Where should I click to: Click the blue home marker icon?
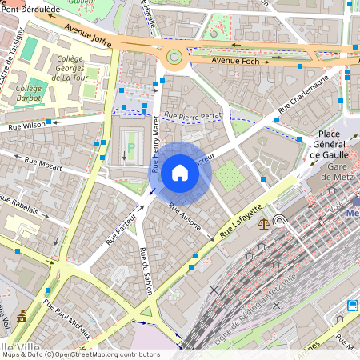[x=180, y=173]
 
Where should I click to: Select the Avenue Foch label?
[x=235, y=61]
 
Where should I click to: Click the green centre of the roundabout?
[x=174, y=57]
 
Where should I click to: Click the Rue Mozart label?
[x=42, y=165]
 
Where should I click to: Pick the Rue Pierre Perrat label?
[x=193, y=115]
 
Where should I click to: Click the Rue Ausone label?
[x=190, y=215]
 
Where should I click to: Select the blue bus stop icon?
[x=352, y=306]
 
